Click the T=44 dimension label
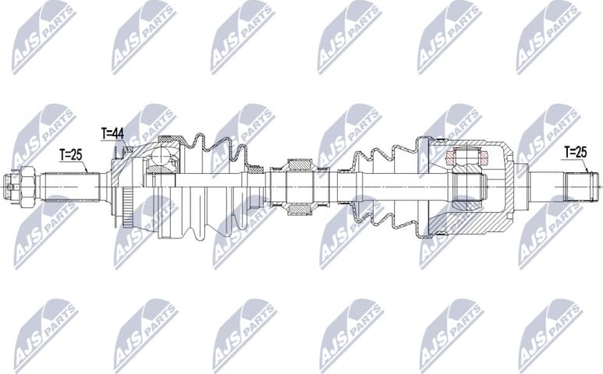112,134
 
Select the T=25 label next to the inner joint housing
575,151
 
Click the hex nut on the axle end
24,185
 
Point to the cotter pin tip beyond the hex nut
7,186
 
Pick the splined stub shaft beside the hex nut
70,186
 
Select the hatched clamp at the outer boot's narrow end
254,168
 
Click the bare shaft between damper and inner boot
335,186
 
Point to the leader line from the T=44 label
114,148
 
